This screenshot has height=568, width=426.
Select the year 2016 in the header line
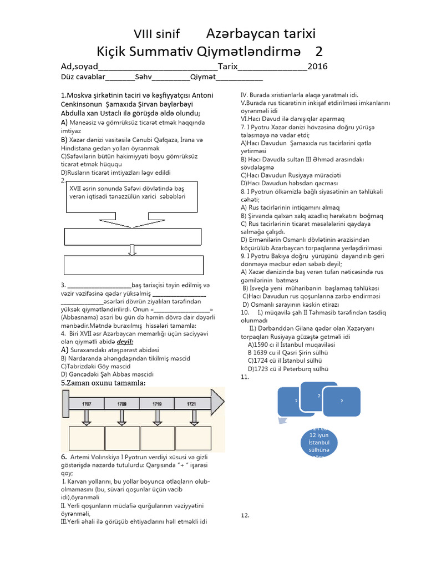tap(317, 67)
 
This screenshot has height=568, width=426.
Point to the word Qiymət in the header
tap(202, 77)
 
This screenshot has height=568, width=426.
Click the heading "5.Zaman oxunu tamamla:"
tap(104, 383)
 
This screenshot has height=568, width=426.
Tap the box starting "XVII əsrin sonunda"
tap(131, 197)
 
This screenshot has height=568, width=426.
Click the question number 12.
tap(245, 516)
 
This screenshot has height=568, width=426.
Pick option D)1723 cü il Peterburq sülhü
tap(288, 368)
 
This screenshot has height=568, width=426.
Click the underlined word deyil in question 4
tap(125, 342)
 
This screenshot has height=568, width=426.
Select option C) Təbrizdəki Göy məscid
tap(95, 367)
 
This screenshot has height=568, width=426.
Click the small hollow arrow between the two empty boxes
tap(132, 250)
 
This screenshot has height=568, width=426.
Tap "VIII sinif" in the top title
tap(158, 34)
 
